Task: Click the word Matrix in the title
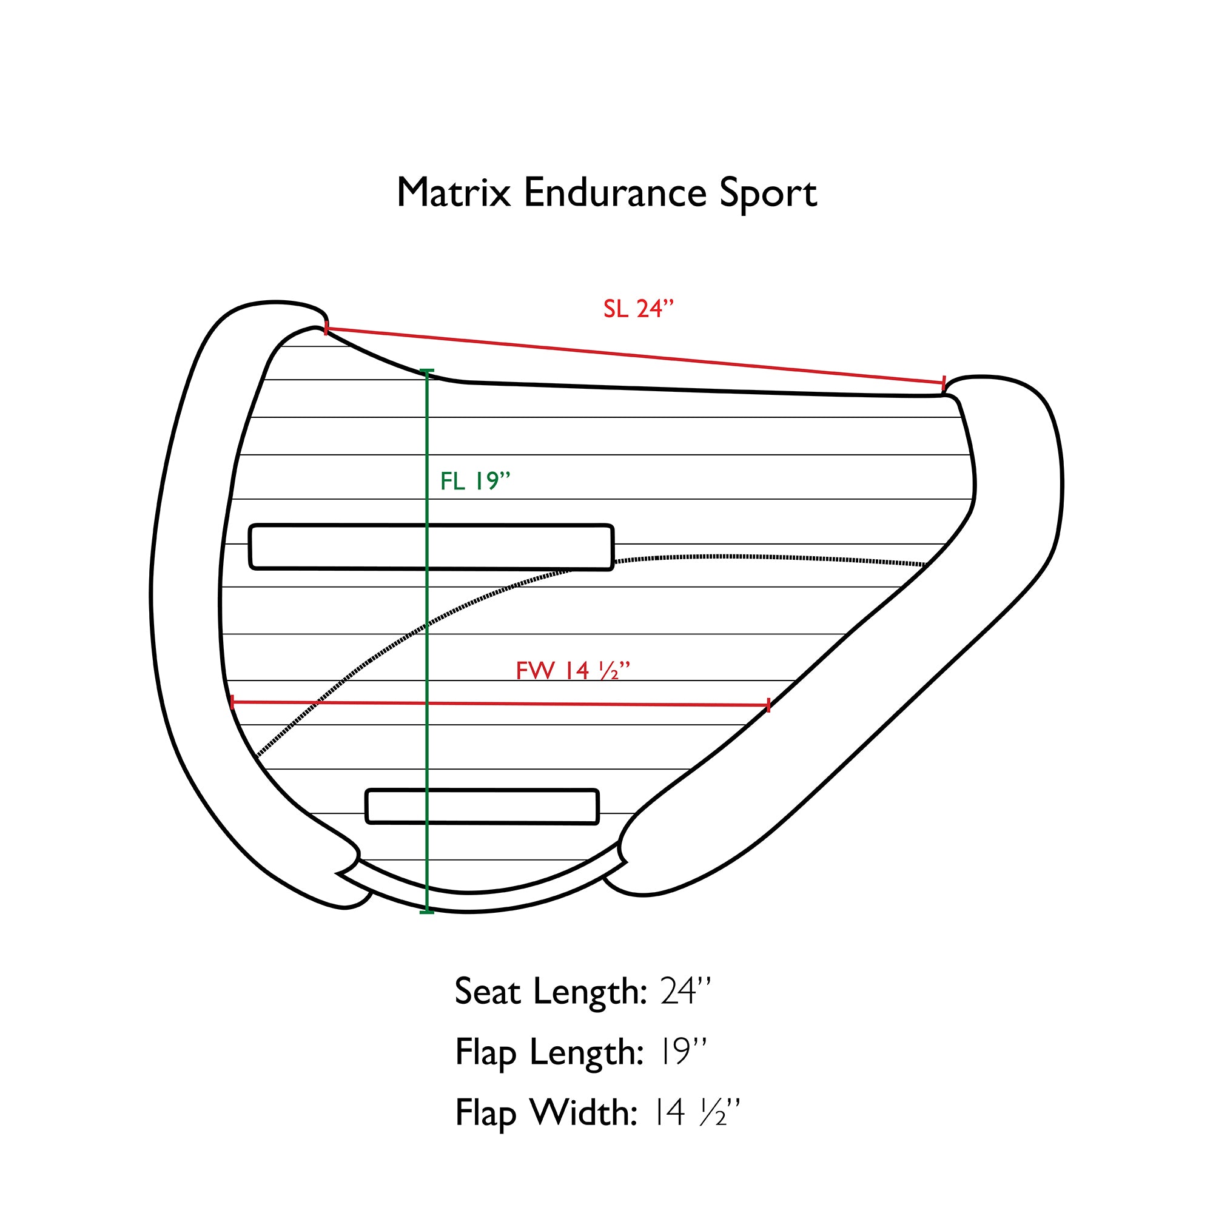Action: (x=453, y=193)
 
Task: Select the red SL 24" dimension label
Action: (x=638, y=309)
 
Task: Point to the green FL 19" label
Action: (x=475, y=482)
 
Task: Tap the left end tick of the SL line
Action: (x=326, y=328)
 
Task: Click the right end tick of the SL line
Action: (x=943, y=382)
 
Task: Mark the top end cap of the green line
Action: (x=426, y=372)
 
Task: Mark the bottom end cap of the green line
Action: (x=426, y=912)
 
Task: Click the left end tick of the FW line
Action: (x=232, y=702)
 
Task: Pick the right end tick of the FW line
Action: (x=768, y=706)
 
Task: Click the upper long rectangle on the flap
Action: (x=431, y=547)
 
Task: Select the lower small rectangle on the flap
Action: (x=482, y=807)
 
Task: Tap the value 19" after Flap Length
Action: (x=683, y=1052)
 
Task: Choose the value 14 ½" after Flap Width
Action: (x=697, y=1112)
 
